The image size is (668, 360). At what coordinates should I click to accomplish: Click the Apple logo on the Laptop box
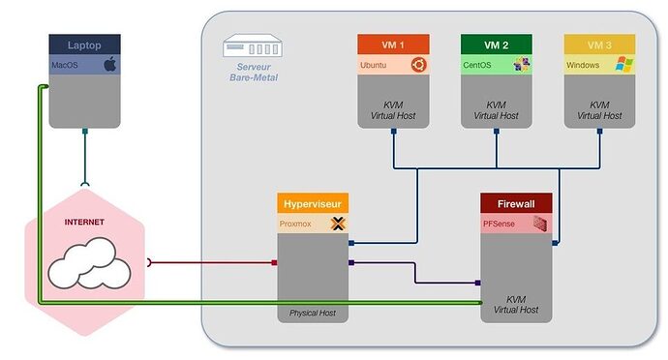tap(109, 65)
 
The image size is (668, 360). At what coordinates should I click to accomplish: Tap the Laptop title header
tap(84, 45)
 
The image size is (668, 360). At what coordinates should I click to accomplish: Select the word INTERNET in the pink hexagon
tap(83, 222)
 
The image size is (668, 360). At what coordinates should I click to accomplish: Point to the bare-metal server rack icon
tap(249, 46)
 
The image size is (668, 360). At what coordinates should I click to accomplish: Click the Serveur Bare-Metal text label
tap(251, 72)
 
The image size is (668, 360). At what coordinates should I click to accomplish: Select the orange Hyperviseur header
tap(314, 204)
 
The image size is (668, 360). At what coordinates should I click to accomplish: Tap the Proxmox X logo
tap(338, 224)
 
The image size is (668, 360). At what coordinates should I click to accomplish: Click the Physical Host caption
tap(314, 314)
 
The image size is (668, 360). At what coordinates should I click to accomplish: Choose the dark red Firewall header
tap(516, 204)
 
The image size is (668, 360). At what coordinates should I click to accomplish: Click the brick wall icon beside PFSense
tap(541, 225)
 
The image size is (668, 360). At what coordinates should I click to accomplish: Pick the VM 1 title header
tap(392, 45)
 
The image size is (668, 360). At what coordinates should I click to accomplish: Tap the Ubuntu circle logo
tap(417, 65)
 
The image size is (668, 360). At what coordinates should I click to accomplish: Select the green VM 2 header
tap(497, 45)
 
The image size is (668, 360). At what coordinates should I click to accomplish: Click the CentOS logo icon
tap(522, 65)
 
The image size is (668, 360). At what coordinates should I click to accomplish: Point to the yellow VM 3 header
tap(600, 45)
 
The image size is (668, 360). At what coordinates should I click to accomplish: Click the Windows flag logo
tap(624, 65)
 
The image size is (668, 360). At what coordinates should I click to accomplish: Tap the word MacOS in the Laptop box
tap(66, 65)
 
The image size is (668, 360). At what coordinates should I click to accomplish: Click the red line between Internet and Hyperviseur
tap(213, 262)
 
